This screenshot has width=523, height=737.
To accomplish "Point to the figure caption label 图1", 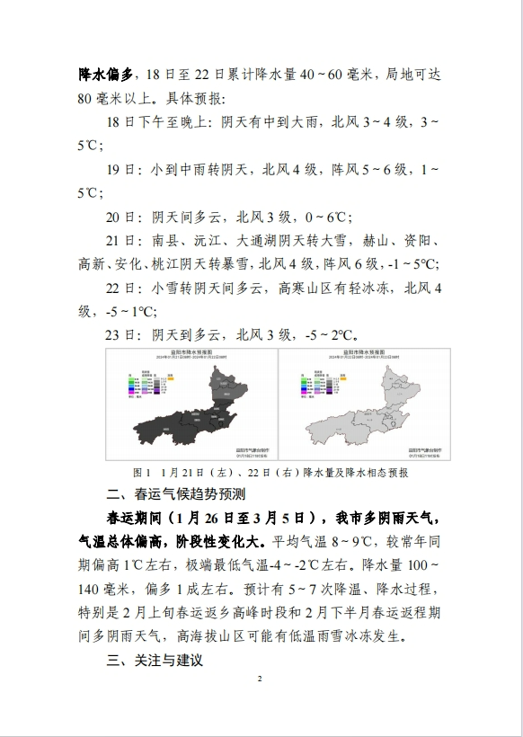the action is [141, 471].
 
